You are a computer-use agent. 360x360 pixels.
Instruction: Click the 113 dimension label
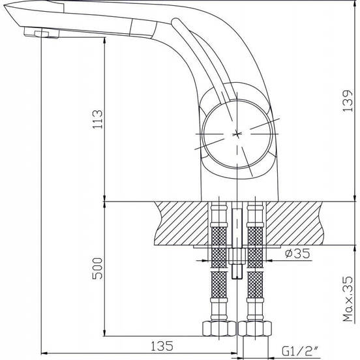click(x=98, y=119)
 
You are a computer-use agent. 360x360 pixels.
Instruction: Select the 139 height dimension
click(x=348, y=101)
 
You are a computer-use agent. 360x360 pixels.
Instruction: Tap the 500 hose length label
click(x=97, y=269)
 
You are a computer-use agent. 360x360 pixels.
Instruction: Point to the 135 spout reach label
click(x=162, y=346)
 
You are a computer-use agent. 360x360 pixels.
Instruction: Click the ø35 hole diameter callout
click(x=297, y=253)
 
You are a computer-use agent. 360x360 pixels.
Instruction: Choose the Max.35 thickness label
click(x=348, y=299)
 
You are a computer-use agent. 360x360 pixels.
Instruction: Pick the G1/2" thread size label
click(x=300, y=351)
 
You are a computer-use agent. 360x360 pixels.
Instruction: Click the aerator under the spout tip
click(x=42, y=33)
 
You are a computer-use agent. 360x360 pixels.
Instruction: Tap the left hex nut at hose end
click(x=219, y=329)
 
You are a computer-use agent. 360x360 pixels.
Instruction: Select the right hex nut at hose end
click(x=255, y=329)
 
